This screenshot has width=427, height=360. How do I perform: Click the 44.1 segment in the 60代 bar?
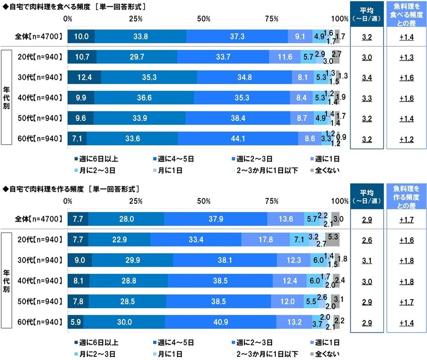pos(238,138)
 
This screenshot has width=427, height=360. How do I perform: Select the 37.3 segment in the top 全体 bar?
pos(237,36)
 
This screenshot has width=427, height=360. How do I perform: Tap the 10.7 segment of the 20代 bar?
pos(82,57)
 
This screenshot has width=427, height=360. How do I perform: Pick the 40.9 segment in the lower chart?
pos(221,322)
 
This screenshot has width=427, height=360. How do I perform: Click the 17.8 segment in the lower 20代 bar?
pos(266,239)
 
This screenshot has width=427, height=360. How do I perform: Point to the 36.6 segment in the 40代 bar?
pos(144,98)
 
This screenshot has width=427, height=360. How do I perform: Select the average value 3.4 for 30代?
pos(367,78)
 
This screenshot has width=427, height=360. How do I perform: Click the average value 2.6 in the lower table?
pos(367,240)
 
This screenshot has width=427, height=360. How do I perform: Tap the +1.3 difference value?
pos(406,57)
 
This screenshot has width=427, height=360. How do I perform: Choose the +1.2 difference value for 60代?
pos(406,139)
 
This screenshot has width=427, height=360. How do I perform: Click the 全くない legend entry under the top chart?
pos(325,170)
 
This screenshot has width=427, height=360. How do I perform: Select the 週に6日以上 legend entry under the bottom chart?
pos(96,342)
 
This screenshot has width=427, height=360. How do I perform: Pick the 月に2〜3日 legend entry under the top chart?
pos(95,170)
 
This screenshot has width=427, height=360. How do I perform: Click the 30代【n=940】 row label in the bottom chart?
pos(40,260)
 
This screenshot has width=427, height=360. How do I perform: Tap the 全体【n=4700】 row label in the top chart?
pos(39,36)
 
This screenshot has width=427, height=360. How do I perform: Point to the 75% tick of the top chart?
pos(272,19)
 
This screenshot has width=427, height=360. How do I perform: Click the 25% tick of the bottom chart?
pos(136,201)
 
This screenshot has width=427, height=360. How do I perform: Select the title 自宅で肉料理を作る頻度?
pos(47,189)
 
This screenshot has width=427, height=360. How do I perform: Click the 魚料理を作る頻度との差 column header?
pos(406,197)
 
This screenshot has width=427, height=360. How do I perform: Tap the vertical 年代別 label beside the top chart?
pos(6,98)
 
